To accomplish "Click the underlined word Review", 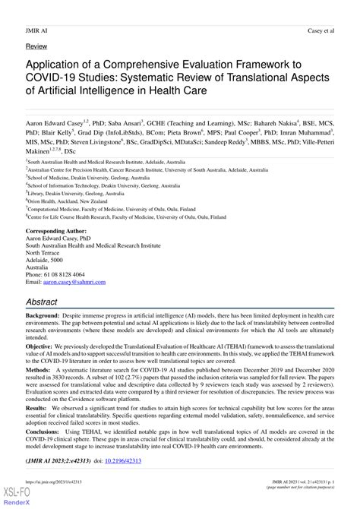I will (x=36, y=46).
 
